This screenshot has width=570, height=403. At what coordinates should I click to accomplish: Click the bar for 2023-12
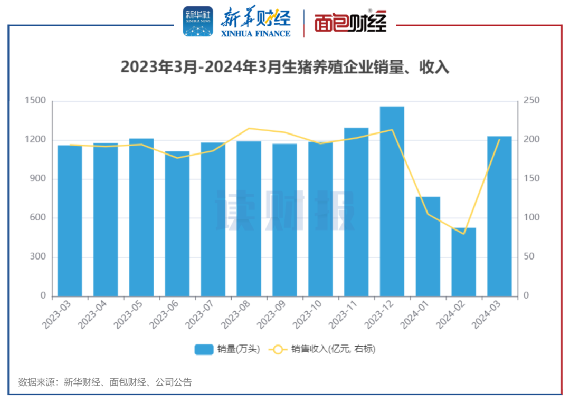click(392, 200)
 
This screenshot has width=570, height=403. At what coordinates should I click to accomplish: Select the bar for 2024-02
click(463, 262)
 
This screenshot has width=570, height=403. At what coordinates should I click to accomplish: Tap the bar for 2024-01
click(427, 246)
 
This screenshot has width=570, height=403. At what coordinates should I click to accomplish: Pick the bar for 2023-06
click(177, 224)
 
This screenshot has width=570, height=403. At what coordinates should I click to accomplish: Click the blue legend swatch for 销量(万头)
click(204, 349)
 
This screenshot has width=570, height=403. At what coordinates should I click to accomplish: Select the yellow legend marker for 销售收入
click(278, 349)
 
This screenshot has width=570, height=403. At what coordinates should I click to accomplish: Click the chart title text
click(285, 67)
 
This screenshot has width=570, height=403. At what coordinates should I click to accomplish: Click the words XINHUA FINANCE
click(256, 33)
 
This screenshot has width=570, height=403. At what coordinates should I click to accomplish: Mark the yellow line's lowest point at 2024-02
click(464, 234)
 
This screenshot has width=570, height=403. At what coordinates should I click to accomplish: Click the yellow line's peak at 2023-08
click(249, 128)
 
